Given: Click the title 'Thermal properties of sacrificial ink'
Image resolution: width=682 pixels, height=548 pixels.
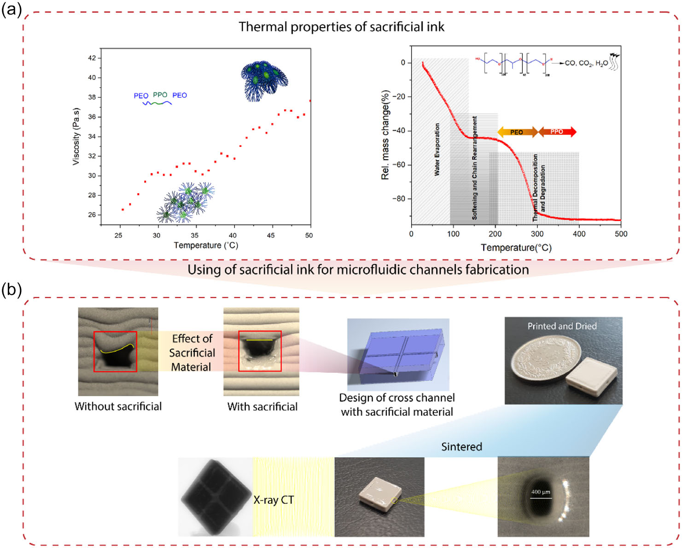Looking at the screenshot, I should click(341, 27).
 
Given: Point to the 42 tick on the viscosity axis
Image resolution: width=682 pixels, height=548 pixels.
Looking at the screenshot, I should click(92, 58).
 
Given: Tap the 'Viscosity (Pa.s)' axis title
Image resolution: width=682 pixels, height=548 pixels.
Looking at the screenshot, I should click(76, 136).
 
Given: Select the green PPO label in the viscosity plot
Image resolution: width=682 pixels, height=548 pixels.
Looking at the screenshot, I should click(160, 95).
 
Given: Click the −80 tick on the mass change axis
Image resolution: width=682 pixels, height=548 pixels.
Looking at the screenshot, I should click(399, 199).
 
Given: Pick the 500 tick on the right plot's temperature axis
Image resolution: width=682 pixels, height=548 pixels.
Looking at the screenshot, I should click(621, 234).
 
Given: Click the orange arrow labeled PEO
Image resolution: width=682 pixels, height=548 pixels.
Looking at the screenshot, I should click(517, 132).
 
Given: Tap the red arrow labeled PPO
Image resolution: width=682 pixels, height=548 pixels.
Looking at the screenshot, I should click(557, 132).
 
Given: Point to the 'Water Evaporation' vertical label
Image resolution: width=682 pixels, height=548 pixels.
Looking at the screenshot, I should click(437, 149).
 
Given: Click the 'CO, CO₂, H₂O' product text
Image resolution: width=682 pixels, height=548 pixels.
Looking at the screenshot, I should click(586, 63).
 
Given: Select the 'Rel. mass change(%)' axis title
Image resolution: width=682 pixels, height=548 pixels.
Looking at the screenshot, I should click(385, 134).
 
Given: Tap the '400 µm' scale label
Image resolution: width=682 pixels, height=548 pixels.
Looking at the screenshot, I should click(540, 492).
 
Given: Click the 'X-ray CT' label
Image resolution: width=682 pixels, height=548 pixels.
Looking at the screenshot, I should click(274, 500).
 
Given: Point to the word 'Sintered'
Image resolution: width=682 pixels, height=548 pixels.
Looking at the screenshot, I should click(461, 447).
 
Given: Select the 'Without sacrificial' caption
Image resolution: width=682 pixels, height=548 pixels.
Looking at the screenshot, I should click(118, 406).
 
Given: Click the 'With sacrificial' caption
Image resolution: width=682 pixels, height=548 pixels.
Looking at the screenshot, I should click(262, 407).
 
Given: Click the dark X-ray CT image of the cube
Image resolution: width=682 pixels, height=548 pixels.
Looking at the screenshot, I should click(215, 497).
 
